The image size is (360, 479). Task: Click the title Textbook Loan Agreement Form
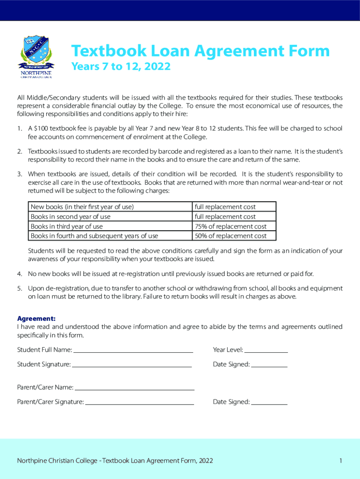200,51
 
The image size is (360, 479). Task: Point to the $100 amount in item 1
40,129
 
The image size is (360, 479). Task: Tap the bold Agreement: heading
36,319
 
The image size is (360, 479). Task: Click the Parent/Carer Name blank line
135,388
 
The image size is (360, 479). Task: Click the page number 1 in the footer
341,461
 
